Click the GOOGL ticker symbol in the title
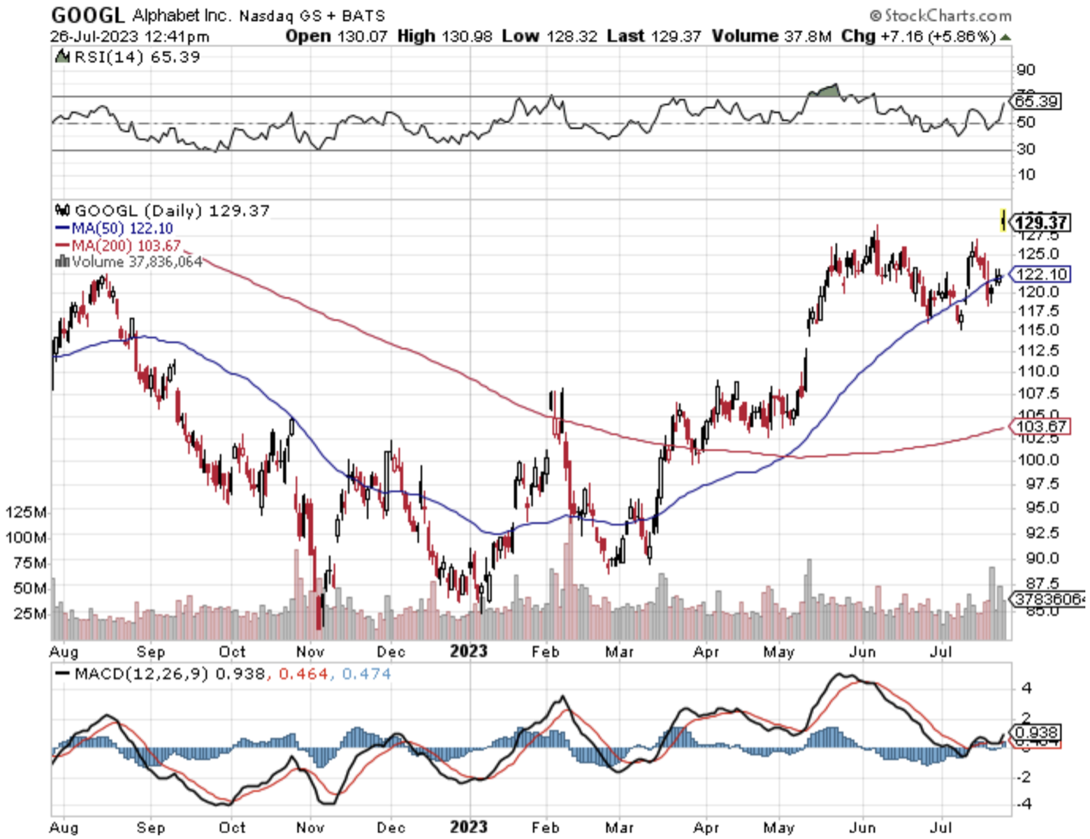click(87, 15)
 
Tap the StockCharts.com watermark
click(940, 15)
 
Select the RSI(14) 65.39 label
click(129, 57)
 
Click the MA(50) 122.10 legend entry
click(115, 229)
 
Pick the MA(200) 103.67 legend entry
click(119, 245)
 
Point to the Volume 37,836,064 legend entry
click(130, 262)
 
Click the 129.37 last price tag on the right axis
click(1041, 223)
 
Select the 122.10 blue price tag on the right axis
click(1041, 274)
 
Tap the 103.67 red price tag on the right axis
click(1041, 426)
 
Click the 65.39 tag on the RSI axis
click(1036, 102)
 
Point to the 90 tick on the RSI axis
click(1026, 70)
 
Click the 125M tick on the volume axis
click(26, 512)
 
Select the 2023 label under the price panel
click(468, 652)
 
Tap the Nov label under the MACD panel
click(310, 828)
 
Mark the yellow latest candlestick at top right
click(1003, 220)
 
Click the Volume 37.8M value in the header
click(771, 36)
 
